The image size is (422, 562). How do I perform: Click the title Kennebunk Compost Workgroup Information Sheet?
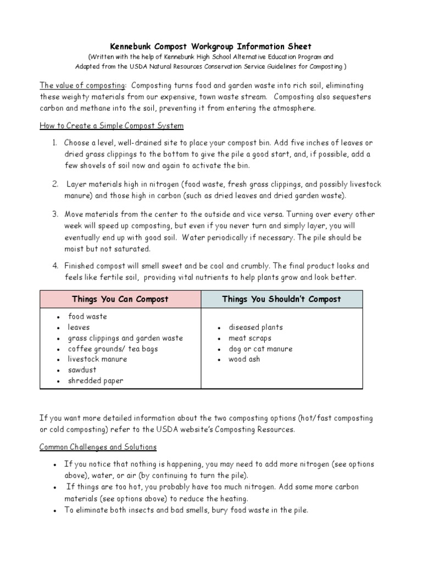point(212,47)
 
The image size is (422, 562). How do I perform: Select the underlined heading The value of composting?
point(82,86)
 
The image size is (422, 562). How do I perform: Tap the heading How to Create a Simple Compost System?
point(112,126)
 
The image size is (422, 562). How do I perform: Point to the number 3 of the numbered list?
point(55,215)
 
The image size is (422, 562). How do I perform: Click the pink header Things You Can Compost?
point(120,299)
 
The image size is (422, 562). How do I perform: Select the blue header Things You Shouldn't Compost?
point(281,299)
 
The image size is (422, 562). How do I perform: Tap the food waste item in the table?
point(87,317)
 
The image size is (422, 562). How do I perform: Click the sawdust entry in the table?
point(82,370)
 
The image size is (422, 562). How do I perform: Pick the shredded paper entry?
point(96,381)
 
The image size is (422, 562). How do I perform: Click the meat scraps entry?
point(250,338)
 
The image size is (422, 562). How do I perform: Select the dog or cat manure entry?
point(260,349)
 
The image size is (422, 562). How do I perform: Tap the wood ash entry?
point(245,359)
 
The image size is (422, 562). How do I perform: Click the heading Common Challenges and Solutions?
point(98,447)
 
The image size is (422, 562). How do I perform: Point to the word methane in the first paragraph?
point(98,108)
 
